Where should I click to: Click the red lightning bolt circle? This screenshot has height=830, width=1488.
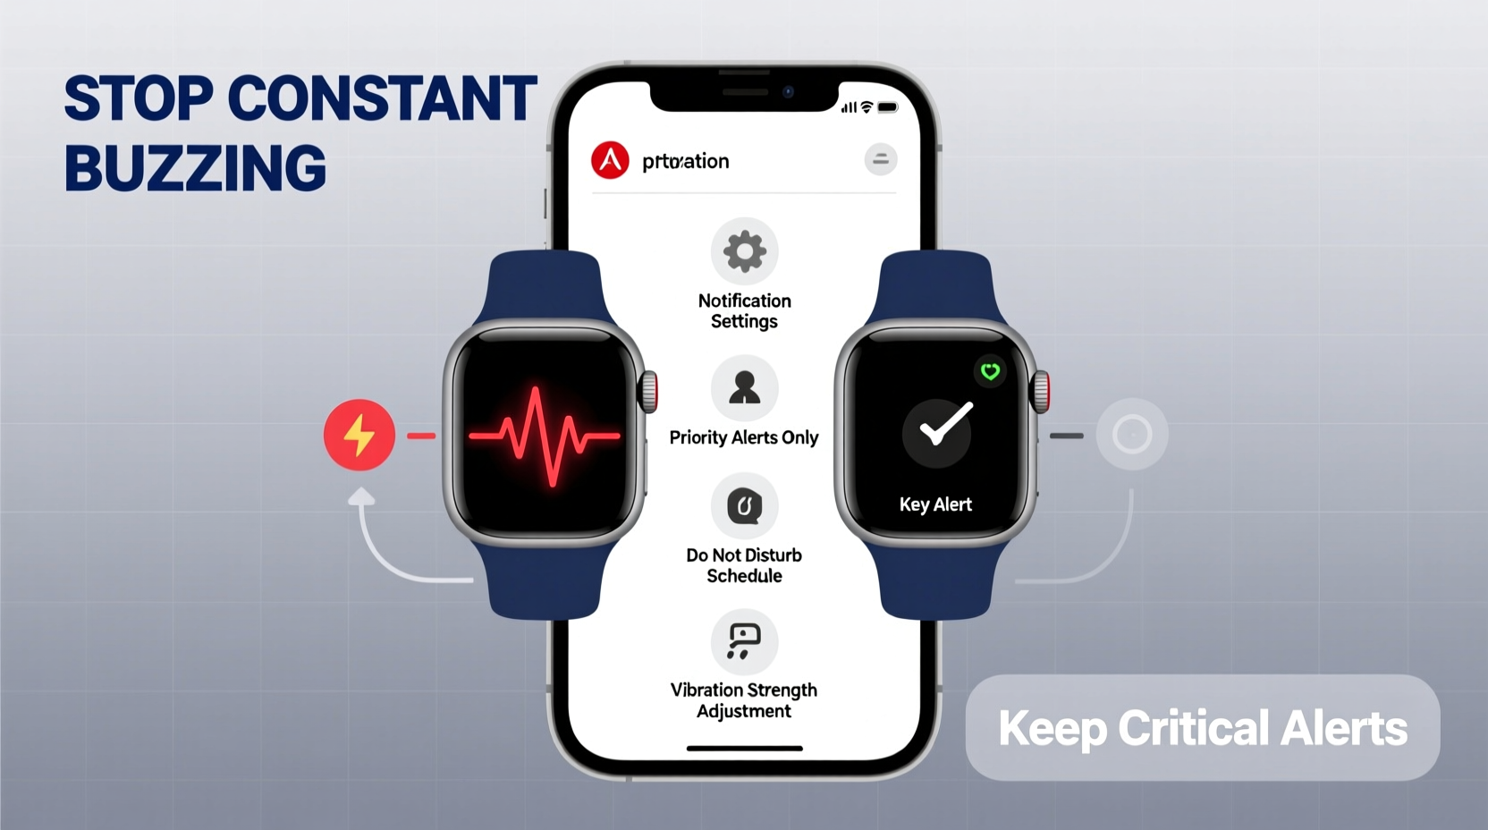pos(359,436)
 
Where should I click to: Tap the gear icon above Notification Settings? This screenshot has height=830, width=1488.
pos(744,251)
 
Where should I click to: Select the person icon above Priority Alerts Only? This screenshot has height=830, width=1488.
pos(744,388)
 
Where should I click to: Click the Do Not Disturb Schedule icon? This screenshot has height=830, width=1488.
pos(744,506)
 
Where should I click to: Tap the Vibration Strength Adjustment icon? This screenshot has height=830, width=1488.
pos(744,641)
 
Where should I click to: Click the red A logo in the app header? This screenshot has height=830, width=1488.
pos(610,160)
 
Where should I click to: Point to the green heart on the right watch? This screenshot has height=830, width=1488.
pos(990,371)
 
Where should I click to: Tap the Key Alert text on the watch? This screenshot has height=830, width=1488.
pos(935,504)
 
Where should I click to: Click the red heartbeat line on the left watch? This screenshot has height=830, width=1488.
pos(543,436)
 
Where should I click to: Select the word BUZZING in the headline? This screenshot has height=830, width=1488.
pos(195,168)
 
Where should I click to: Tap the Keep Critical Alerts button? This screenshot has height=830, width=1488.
pos(1202,727)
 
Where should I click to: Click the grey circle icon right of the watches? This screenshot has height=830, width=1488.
pos(1131,435)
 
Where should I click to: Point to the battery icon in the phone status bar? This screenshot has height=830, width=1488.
pos(887,107)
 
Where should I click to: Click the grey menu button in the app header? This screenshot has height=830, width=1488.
pos(880,159)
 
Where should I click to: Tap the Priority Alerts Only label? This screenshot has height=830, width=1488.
pos(744,437)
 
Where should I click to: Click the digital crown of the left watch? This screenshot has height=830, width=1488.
pos(649,391)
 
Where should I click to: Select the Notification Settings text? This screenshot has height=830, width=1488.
pos(744,310)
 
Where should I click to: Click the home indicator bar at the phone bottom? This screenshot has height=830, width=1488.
pos(744,748)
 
